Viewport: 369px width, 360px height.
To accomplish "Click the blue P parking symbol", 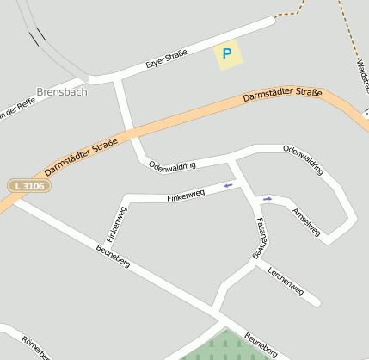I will click(x=227, y=54).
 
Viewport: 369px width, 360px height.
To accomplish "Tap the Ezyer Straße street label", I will click(x=166, y=59).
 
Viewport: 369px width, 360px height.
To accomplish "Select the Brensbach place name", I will click(x=62, y=91).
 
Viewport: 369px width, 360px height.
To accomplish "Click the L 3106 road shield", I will click(x=28, y=185).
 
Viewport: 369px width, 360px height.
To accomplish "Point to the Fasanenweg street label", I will click(x=259, y=238).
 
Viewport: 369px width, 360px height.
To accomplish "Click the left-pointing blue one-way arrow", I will click(x=228, y=184).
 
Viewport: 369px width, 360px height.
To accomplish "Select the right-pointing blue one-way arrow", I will click(x=268, y=199).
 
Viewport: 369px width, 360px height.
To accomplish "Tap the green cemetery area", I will click(x=218, y=348).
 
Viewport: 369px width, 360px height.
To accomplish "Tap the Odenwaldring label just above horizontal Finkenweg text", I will click(x=172, y=165).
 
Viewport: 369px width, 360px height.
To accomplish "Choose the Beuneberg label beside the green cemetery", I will click(x=261, y=344).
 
